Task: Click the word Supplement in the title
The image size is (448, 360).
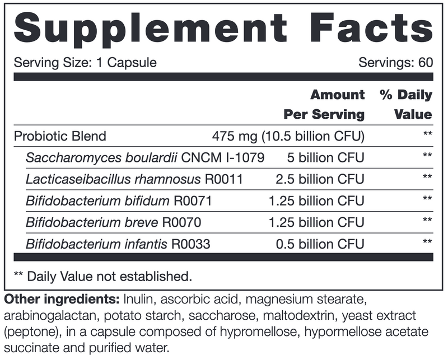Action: click(147, 27)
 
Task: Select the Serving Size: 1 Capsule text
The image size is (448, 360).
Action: click(85, 62)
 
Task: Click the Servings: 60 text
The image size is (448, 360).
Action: click(395, 62)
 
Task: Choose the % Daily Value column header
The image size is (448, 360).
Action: click(406, 104)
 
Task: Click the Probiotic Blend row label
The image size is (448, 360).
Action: click(59, 136)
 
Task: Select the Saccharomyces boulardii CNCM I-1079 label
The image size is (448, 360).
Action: click(144, 157)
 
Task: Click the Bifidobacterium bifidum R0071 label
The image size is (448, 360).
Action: click(119, 200)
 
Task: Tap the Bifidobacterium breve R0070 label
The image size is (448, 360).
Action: click(114, 222)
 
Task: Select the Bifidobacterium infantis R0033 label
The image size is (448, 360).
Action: click(118, 244)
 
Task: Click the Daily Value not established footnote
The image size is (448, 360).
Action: click(102, 276)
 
